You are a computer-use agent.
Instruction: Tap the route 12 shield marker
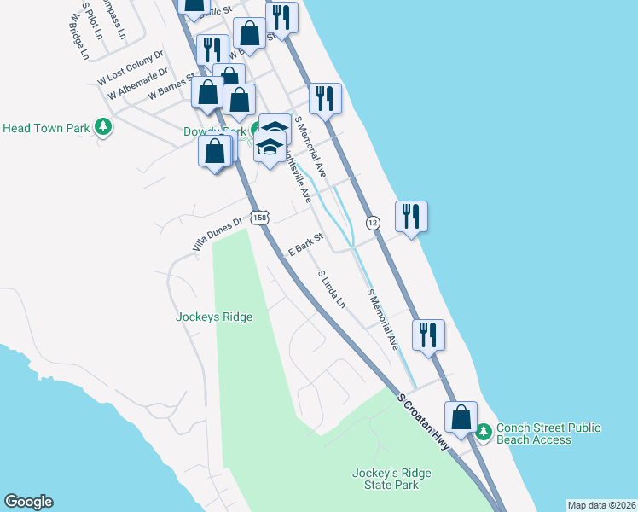373,223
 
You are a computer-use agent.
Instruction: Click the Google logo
28,502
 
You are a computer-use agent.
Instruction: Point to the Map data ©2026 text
601,504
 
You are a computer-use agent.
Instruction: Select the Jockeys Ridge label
214,317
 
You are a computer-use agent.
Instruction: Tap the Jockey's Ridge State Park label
386,478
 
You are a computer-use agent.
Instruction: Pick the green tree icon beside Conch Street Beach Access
484,433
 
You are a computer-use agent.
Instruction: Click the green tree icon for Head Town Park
103,128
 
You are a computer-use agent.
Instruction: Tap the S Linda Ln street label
332,290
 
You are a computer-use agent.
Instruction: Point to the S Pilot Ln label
92,20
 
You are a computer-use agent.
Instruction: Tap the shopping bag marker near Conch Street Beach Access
461,419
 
